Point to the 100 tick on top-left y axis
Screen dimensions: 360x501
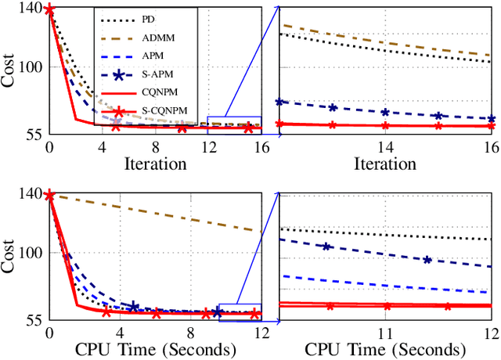point(31,67)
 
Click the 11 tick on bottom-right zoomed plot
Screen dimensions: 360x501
point(385,332)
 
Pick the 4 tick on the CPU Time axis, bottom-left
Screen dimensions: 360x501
point(121,332)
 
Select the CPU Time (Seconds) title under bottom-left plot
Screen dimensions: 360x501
point(155,349)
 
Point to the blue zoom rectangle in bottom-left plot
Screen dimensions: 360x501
point(240,312)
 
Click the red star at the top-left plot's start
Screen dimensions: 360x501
point(49,10)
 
